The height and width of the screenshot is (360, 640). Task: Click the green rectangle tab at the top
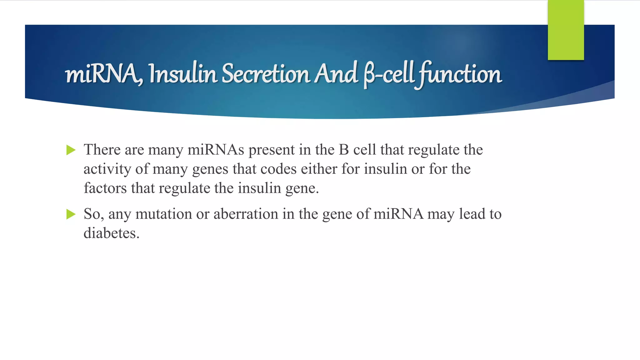(566, 30)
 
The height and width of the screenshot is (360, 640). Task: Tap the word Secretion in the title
(266, 74)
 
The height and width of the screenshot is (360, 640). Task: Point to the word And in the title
(336, 74)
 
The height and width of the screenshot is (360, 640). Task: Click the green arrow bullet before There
(71, 150)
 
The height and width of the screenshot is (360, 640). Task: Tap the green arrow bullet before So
(71, 214)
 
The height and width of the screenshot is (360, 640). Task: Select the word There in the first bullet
(102, 149)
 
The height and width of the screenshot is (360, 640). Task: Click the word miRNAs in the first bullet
(216, 149)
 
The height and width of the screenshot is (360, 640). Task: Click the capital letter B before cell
(344, 149)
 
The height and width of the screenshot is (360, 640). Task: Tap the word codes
(278, 169)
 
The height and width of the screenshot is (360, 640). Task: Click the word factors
(105, 188)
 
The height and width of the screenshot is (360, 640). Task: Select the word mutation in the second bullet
(163, 214)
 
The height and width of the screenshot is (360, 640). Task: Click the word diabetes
(111, 233)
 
